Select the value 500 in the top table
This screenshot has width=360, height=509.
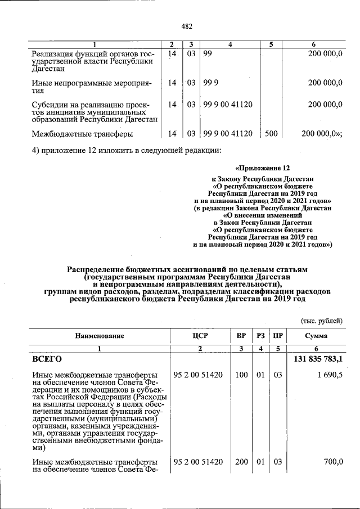point(271,134)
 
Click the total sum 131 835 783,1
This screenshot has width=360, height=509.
point(319,358)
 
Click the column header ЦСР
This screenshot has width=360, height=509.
point(200,336)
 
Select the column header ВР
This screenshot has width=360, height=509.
point(241,336)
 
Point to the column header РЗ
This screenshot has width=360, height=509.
point(261,336)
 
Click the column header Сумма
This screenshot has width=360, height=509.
point(317,336)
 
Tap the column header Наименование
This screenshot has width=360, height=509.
point(100,336)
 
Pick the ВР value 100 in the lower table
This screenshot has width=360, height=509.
point(241,375)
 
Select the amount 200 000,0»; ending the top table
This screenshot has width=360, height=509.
point(322,134)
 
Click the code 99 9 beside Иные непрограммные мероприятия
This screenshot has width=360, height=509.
point(211,82)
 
